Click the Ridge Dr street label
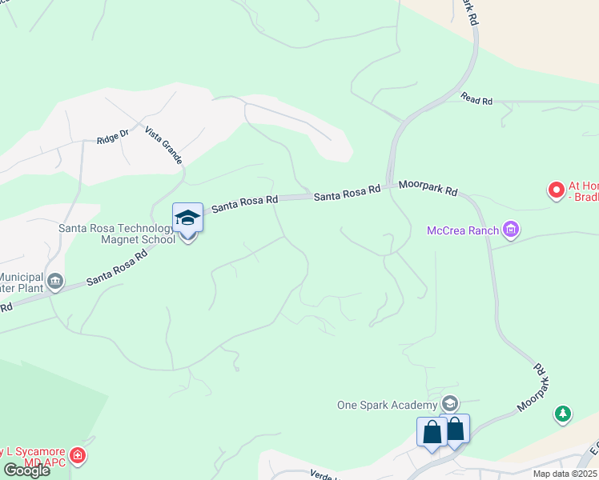(x=112, y=138)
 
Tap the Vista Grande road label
(x=163, y=145)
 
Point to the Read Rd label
(x=476, y=100)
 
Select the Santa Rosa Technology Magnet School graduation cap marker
(x=187, y=218)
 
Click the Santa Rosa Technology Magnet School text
(x=117, y=234)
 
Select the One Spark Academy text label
(x=387, y=404)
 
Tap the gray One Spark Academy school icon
(x=450, y=403)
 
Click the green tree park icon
(x=563, y=414)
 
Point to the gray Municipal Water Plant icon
(x=55, y=281)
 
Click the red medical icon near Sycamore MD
(x=78, y=456)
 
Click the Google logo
(x=26, y=470)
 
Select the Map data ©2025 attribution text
(x=565, y=474)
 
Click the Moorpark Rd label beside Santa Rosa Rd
(x=428, y=188)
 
